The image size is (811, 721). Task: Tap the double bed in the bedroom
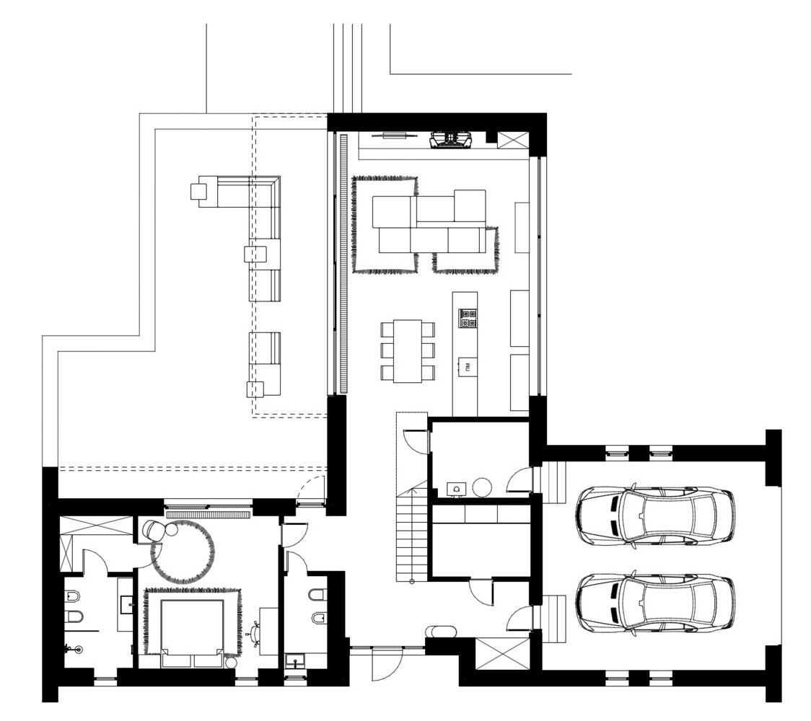(190, 627)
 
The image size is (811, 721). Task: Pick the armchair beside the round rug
(153, 530)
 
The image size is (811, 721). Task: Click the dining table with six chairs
(408, 350)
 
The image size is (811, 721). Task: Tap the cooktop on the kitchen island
(466, 319)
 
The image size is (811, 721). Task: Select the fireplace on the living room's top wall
(451, 139)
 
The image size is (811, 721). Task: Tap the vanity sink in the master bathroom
(126, 603)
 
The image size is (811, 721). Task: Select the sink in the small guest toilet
(294, 660)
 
